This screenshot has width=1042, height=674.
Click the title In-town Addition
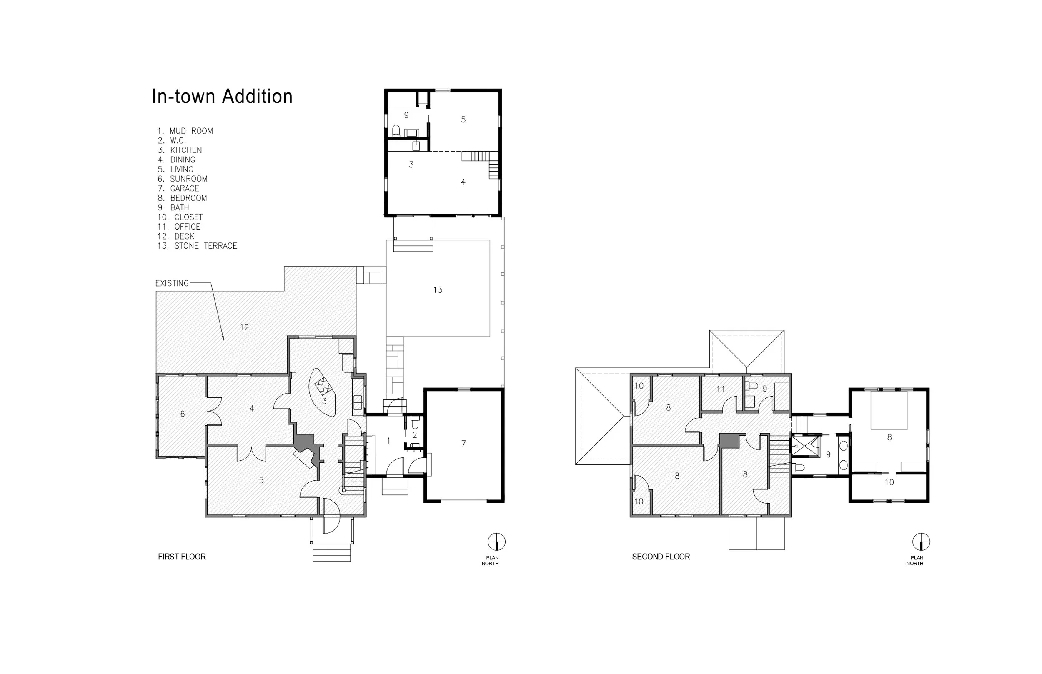click(222, 96)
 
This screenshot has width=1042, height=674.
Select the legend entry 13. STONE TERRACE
click(197, 246)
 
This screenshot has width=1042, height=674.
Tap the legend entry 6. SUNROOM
click(183, 179)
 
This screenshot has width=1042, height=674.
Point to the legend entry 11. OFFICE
click(179, 227)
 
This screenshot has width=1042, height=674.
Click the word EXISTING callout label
click(172, 283)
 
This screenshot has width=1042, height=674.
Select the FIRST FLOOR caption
click(182, 557)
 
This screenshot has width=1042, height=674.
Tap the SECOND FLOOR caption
click(661, 557)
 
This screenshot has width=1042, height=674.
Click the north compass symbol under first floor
click(496, 542)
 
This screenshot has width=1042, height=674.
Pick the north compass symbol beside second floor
click(921, 542)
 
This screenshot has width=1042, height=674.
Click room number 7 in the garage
click(463, 444)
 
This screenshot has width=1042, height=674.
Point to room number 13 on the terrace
click(438, 290)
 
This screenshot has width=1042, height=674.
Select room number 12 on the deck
click(244, 327)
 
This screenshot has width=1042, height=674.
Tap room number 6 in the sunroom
click(183, 414)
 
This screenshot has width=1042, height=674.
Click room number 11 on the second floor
click(721, 389)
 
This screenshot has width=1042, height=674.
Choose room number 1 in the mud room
click(389, 441)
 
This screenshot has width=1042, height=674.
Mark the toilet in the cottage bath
click(396, 131)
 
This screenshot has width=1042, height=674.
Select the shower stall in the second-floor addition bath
click(806, 446)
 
